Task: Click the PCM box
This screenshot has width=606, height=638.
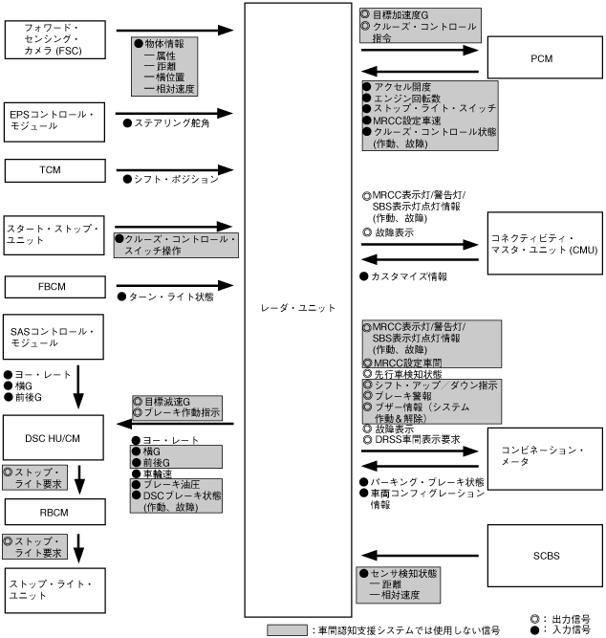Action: (542, 57)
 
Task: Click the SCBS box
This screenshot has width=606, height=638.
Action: (542, 552)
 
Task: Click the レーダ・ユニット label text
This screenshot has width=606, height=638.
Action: (298, 308)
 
